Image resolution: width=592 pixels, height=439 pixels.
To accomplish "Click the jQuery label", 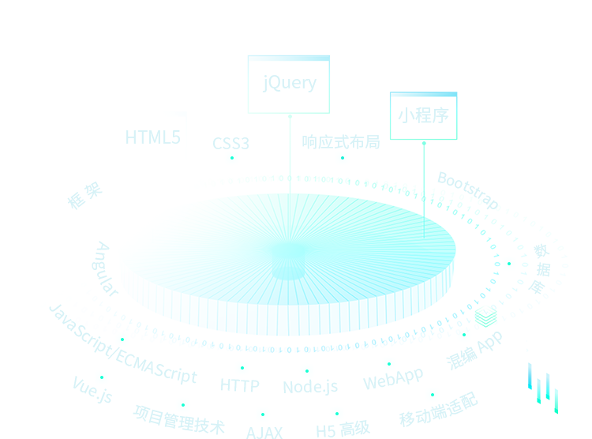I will [289, 83].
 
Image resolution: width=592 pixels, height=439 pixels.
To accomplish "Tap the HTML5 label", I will [153, 137].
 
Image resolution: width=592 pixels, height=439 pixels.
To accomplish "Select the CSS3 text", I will [231, 144].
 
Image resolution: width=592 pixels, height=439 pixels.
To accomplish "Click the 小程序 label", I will [423, 115].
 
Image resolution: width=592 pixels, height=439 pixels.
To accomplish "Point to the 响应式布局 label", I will [341, 142].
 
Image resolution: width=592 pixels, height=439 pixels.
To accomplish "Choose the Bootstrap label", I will [467, 188].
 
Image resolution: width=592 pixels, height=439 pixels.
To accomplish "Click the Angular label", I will [105, 269].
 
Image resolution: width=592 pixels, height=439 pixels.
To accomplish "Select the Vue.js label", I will [92, 389].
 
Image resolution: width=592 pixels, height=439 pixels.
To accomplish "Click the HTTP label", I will [240, 386].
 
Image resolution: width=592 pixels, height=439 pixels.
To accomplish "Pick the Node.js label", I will [310, 387].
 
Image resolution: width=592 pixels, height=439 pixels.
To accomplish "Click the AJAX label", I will [264, 432].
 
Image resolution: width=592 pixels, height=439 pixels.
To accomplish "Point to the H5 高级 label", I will [343, 430].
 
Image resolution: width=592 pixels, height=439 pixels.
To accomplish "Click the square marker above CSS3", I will [232, 159].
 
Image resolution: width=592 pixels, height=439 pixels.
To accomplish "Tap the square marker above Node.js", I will [307, 371].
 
